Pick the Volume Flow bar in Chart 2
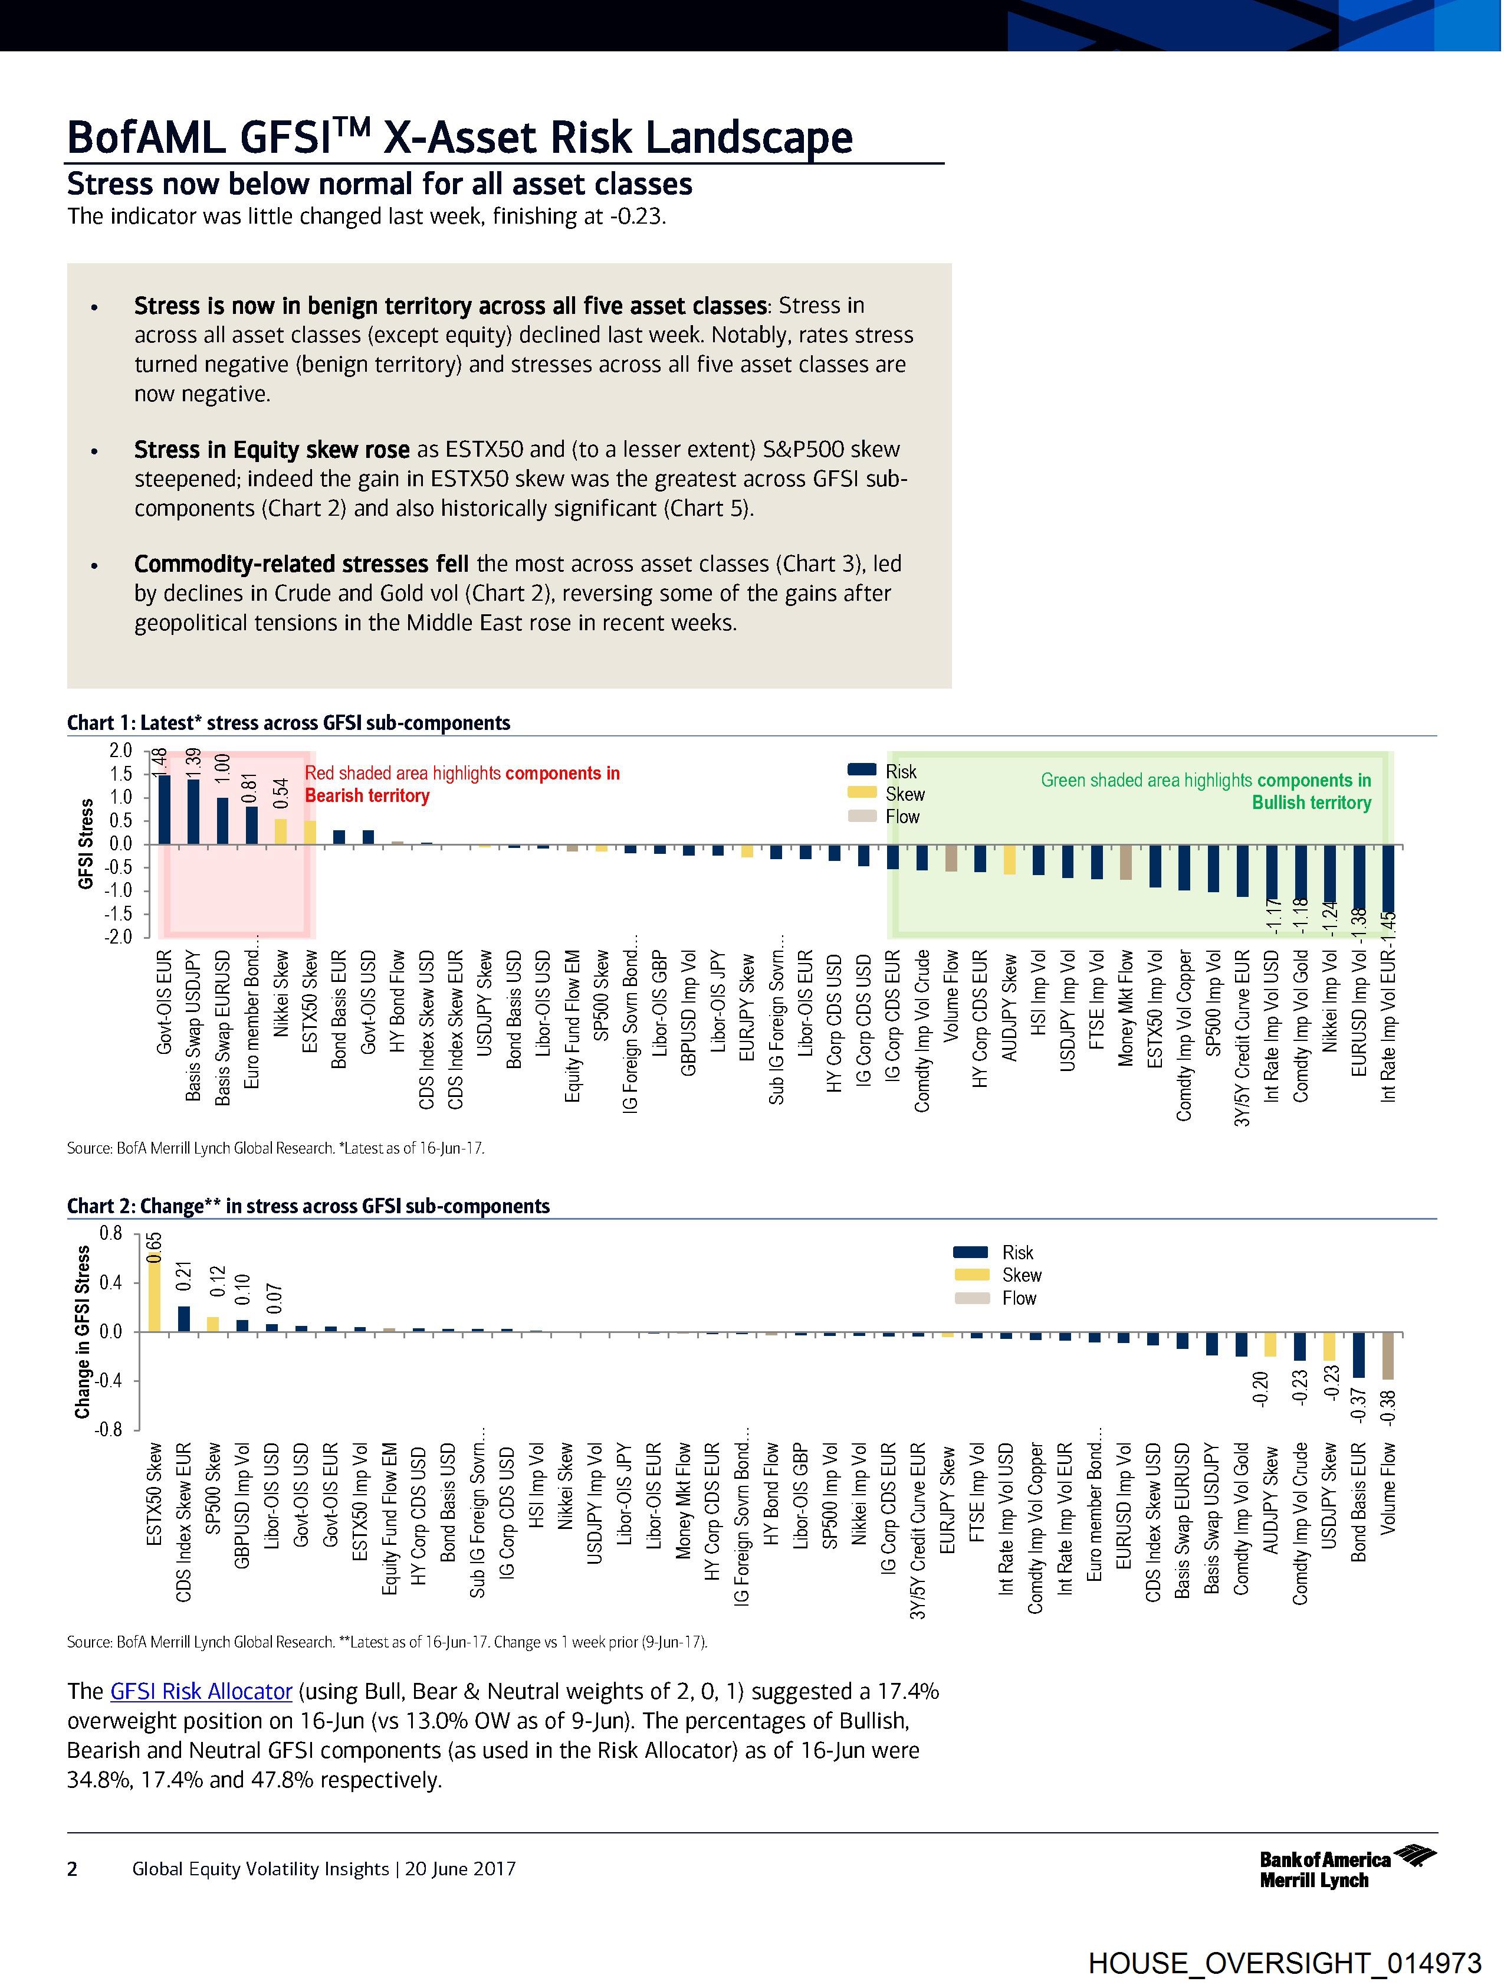pyautogui.click(x=1388, y=1356)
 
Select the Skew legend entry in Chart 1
pyautogui.click(x=904, y=794)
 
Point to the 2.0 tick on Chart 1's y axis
pyautogui.click(x=120, y=751)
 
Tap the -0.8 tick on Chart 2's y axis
pyautogui.click(x=110, y=1430)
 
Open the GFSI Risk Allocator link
pyautogui.click(x=201, y=1691)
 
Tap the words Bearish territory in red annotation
pyautogui.click(x=367, y=795)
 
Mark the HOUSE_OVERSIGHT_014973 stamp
pyautogui.click(x=1285, y=1962)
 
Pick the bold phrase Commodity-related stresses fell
pyautogui.click(x=301, y=564)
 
